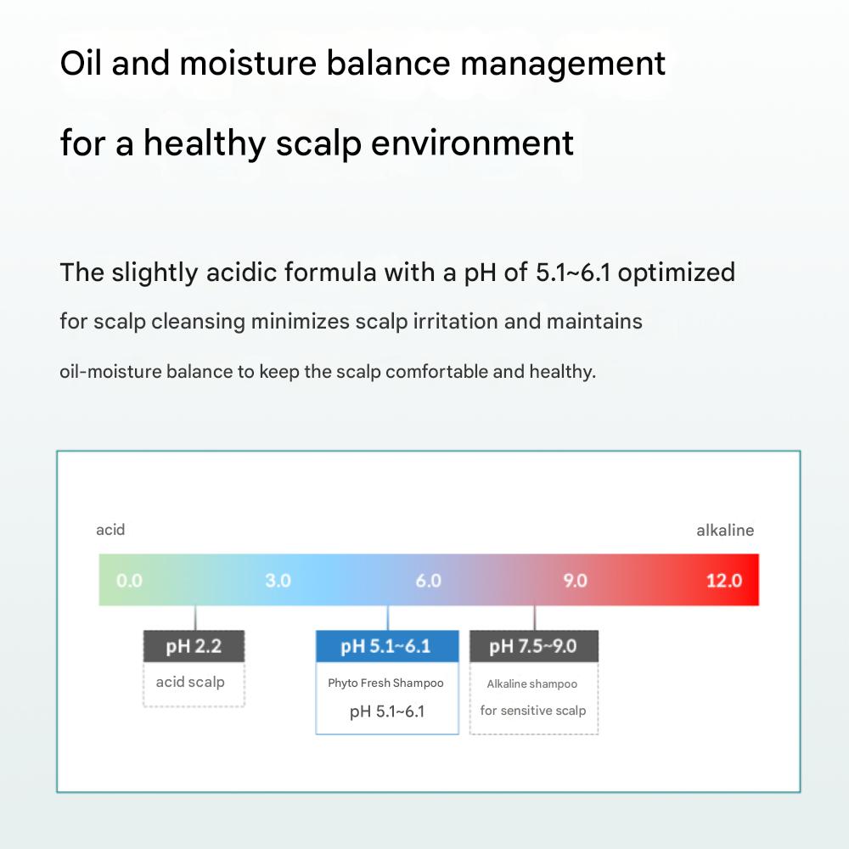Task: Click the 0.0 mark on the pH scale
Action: point(129,581)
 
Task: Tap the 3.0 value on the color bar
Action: point(278,581)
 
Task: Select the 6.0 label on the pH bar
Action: point(428,581)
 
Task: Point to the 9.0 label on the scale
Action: point(575,581)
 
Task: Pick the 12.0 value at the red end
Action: point(724,581)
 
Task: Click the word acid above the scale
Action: point(110,530)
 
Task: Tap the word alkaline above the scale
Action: point(725,530)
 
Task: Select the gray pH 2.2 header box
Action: point(194,646)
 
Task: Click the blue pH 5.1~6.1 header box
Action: point(387,646)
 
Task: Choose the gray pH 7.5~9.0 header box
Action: point(534,646)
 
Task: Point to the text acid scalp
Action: point(190,683)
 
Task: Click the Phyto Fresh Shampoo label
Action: point(385,683)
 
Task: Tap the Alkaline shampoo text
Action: point(531,683)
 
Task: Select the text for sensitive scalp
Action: point(533,711)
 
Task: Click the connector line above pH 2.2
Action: point(195,618)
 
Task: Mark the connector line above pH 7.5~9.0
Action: point(535,618)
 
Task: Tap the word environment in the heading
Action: point(472,143)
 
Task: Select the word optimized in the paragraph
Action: point(677,273)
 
